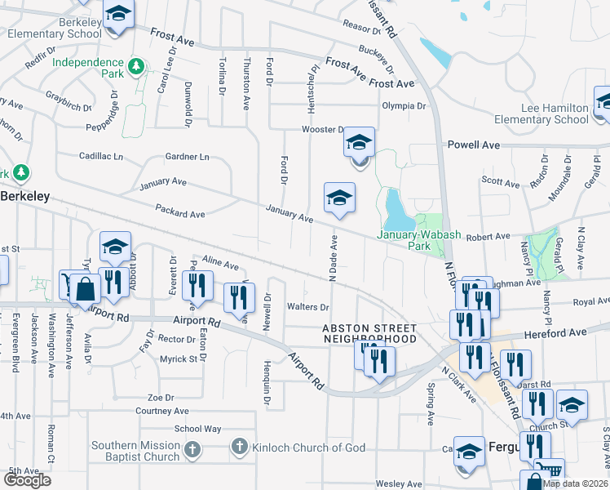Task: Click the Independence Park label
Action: (88, 64)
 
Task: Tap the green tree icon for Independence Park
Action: (139, 65)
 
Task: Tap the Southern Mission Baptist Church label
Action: (135, 451)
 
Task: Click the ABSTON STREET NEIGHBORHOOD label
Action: (369, 333)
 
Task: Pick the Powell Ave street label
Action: (474, 145)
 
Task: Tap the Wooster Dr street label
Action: (324, 129)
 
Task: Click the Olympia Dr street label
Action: (404, 105)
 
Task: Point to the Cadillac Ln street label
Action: (101, 155)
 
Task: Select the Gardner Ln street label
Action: (187, 156)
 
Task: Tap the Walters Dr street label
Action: (307, 307)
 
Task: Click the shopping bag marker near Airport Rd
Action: (85, 287)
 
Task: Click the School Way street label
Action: (197, 429)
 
